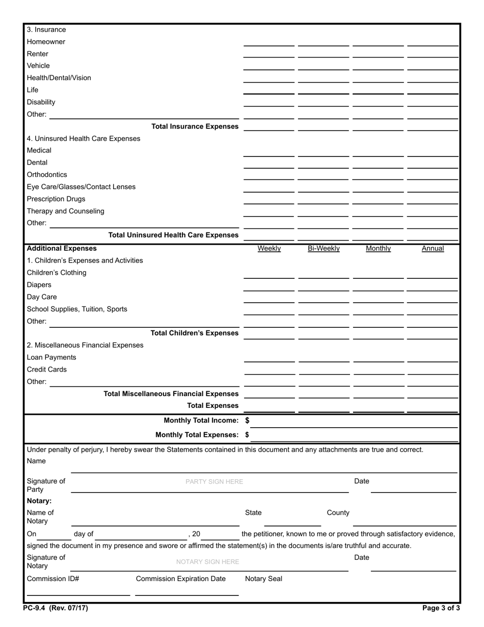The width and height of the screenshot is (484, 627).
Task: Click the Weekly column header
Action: tap(269, 249)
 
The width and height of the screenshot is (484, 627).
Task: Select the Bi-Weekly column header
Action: tap(324, 249)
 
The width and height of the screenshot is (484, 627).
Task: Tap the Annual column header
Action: tap(433, 249)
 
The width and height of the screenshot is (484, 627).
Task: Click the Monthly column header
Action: tap(378, 249)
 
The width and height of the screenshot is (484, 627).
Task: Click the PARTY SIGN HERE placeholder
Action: tap(214, 482)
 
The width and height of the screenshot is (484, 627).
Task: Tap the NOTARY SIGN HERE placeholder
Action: tap(207, 562)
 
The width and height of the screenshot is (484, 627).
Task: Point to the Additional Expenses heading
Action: tap(62, 248)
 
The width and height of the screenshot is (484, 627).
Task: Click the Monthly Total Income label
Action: tap(201, 421)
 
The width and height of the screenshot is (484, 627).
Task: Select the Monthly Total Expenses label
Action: tap(197, 435)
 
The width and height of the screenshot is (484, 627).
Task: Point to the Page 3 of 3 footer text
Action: tap(441, 608)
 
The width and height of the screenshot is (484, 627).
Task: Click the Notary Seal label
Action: tap(263, 579)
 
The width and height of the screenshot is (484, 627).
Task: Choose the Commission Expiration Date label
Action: tap(181, 579)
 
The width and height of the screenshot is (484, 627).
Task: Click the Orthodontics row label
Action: tap(47, 174)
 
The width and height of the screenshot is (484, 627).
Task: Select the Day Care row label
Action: tap(42, 297)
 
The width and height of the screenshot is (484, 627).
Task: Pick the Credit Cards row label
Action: tap(47, 370)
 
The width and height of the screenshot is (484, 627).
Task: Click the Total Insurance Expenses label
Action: tap(195, 126)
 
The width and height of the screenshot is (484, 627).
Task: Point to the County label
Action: tap(338, 513)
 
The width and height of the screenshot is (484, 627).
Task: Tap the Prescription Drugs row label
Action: tap(56, 199)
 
